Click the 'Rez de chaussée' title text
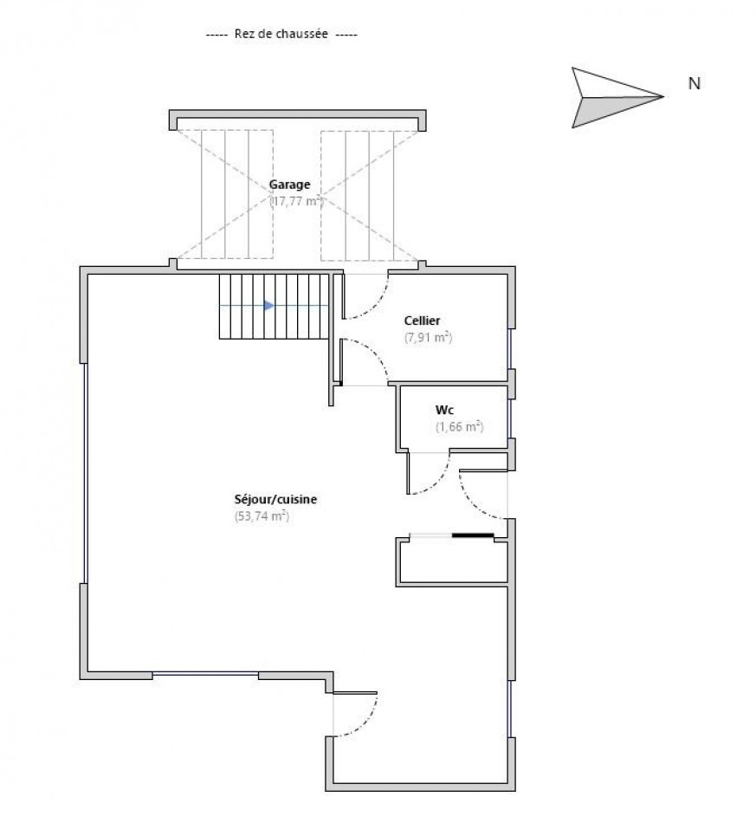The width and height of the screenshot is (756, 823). coord(281,35)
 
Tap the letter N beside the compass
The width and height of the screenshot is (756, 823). coord(693,84)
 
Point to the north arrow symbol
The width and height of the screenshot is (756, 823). coord(616,97)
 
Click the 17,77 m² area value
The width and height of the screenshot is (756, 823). coord(295,201)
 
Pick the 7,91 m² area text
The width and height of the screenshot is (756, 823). coord(428,338)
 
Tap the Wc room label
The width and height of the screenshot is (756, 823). coord(445,409)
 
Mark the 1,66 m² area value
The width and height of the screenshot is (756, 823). coord(458,426)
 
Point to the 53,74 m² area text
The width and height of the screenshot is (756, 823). coord(261,516)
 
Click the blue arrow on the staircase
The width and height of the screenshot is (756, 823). coord(268,306)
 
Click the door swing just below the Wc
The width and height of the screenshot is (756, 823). coord(430,476)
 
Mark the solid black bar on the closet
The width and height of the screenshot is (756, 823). coord(473,535)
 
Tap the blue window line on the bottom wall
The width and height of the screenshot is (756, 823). coord(205,674)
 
